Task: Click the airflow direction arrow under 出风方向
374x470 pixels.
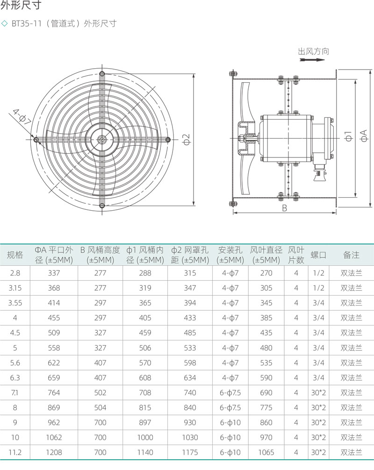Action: [x=312, y=59]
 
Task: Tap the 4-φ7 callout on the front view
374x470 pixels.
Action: [x=22, y=117]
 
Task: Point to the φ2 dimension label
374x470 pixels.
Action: [x=187, y=139]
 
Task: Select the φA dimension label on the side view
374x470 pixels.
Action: [x=364, y=136]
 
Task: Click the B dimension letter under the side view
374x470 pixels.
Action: [x=284, y=208]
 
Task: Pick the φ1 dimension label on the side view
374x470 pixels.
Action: [x=348, y=136]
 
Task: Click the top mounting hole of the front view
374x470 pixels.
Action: [x=102, y=74]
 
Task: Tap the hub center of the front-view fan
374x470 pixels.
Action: [x=102, y=140]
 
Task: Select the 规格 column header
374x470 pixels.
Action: [x=15, y=255]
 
